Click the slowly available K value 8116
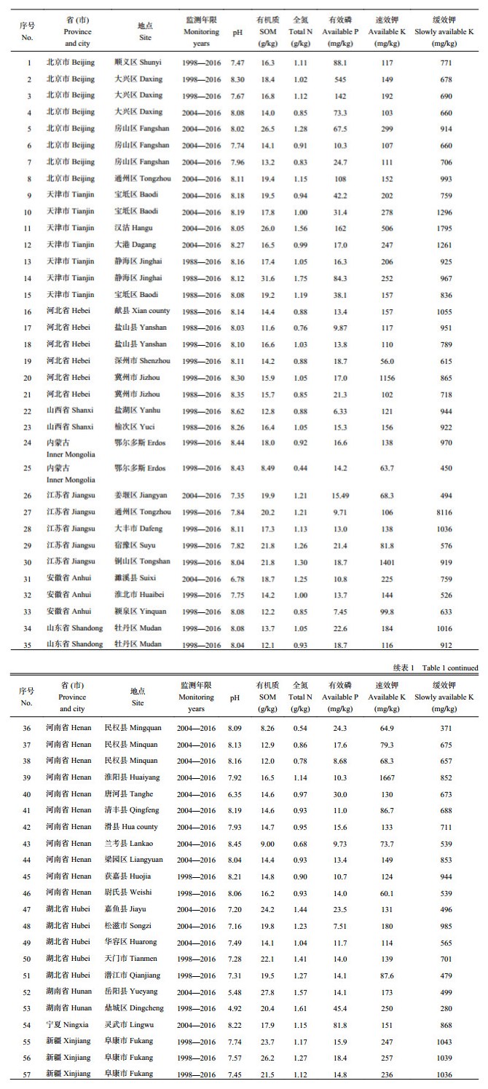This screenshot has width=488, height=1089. click(446, 512)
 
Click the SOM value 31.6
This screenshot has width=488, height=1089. click(267, 278)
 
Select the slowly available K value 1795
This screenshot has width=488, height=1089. click(446, 228)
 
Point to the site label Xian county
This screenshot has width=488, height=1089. click(142, 311)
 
